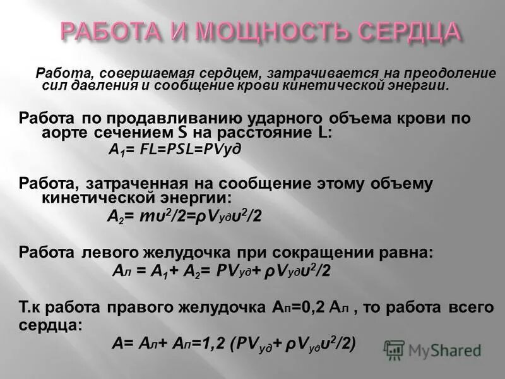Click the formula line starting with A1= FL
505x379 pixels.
pos(166,149)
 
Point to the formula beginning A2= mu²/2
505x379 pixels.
pos(183,215)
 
